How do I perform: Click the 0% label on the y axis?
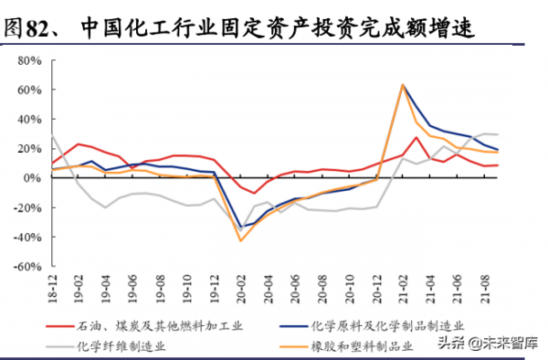[x=37, y=178]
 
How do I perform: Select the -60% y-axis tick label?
[x=31, y=266]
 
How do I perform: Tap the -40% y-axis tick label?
[x=31, y=237]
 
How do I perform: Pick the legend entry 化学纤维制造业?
[x=127, y=345]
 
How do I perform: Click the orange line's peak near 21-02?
[x=402, y=85]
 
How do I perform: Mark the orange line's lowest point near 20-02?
[x=241, y=240]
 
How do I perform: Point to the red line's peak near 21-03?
[x=416, y=138]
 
